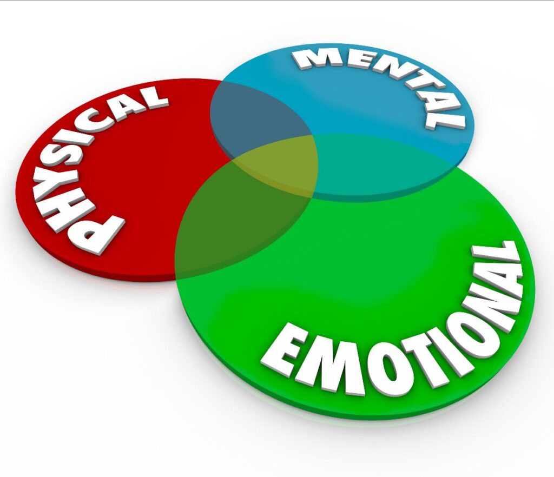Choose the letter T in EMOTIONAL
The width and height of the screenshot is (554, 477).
pos(367,367)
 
